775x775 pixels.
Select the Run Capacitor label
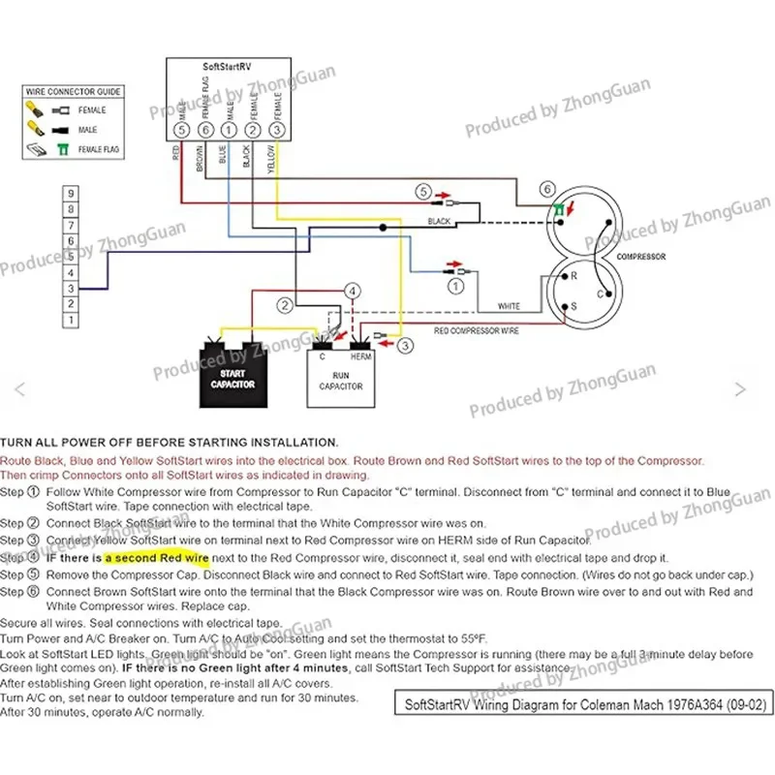pyautogui.click(x=341, y=380)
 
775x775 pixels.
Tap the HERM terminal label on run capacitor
pyautogui.click(x=361, y=356)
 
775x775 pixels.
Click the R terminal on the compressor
pyautogui.click(x=573, y=276)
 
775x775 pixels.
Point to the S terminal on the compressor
pyautogui.click(x=573, y=306)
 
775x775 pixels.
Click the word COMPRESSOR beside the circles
pyautogui.click(x=640, y=257)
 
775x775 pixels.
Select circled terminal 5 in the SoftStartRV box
pyautogui.click(x=180, y=129)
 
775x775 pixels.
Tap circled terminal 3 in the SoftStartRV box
pyautogui.click(x=277, y=129)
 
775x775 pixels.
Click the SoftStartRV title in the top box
pyautogui.click(x=228, y=69)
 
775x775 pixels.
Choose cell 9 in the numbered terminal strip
pyautogui.click(x=71, y=194)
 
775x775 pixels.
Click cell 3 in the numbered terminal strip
pyautogui.click(x=71, y=289)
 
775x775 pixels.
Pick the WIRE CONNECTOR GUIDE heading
pyautogui.click(x=74, y=91)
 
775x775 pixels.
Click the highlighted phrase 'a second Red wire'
pyautogui.click(x=157, y=558)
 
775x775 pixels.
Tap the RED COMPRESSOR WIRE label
pyautogui.click(x=475, y=331)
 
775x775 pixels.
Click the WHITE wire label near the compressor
pyautogui.click(x=509, y=306)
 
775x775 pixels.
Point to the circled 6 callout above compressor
pyautogui.click(x=548, y=189)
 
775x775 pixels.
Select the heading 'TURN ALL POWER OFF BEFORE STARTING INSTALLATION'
pyautogui.click(x=170, y=442)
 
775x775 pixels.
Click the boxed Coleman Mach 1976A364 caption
pyautogui.click(x=573, y=703)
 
